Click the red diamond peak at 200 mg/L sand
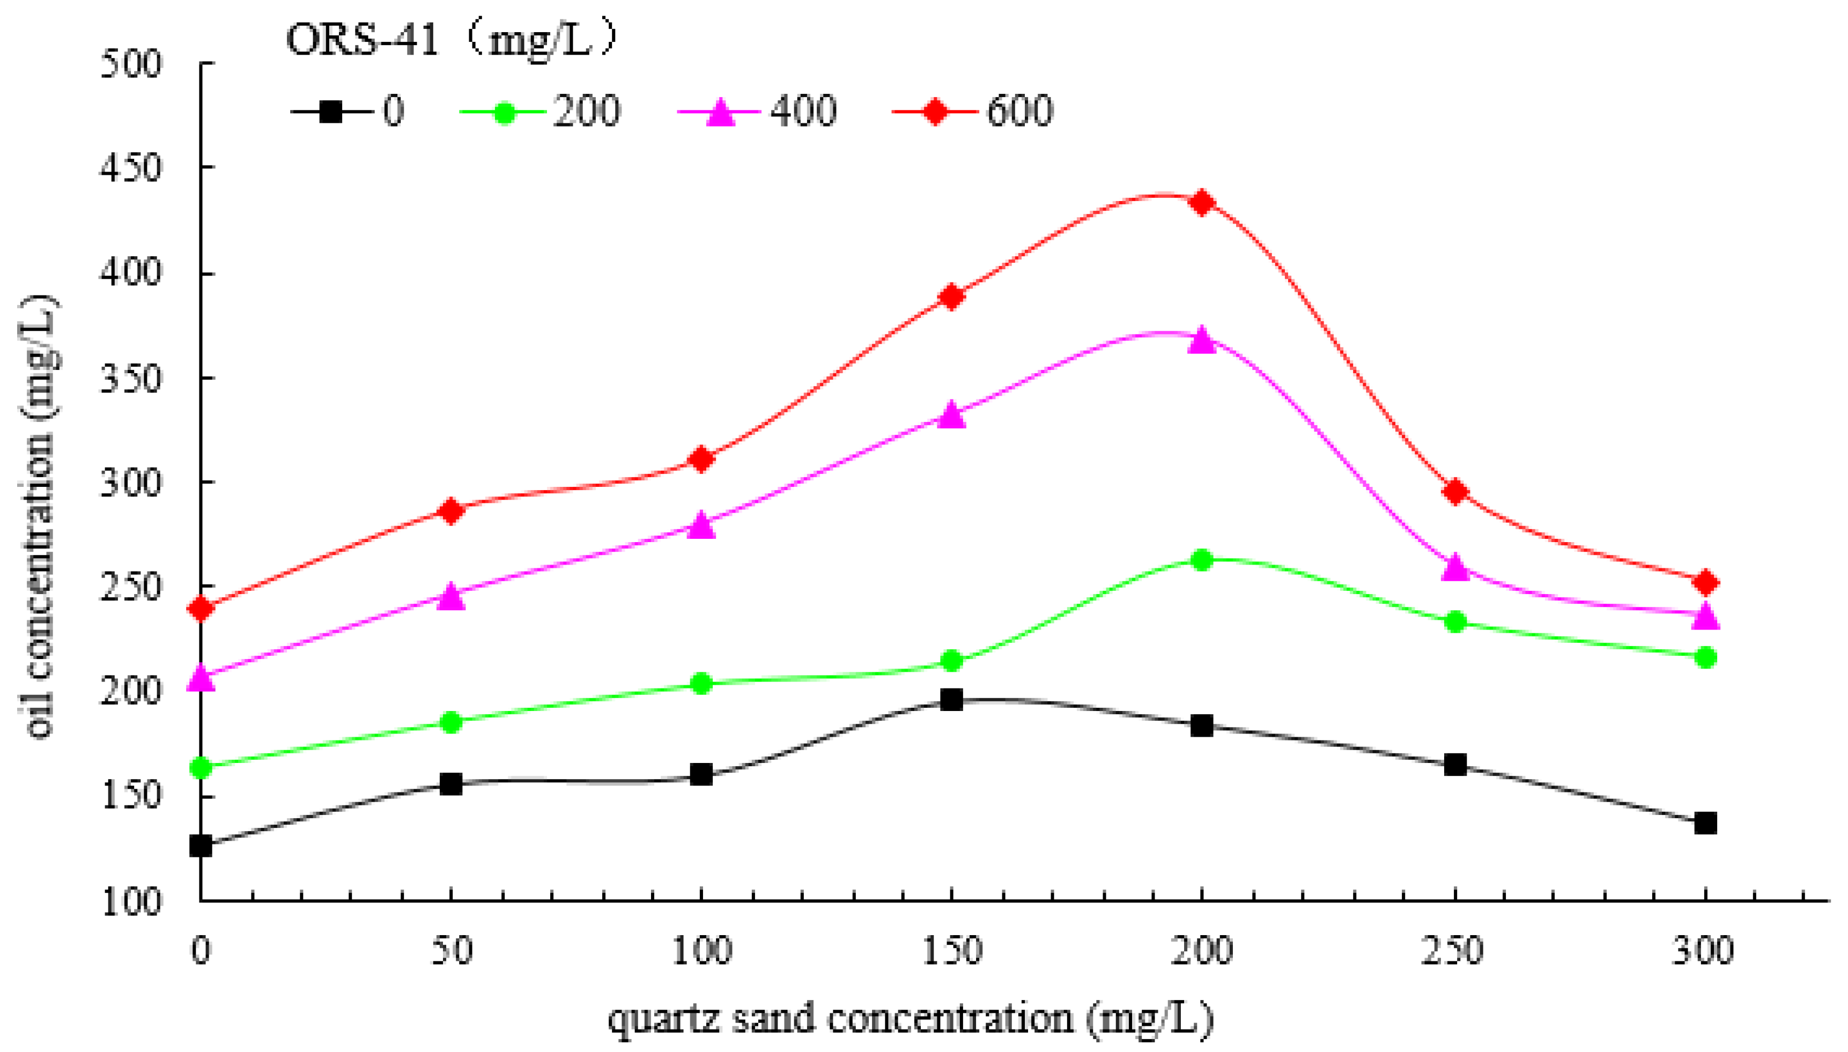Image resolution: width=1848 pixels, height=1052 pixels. pos(1201,203)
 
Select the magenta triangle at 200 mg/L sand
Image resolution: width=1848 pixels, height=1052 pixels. pos(1201,339)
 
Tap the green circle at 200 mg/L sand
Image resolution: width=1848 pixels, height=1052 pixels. pos(1201,559)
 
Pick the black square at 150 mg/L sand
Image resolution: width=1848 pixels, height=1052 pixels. pos(951,699)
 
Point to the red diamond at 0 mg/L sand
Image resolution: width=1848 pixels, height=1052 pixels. pos(201,609)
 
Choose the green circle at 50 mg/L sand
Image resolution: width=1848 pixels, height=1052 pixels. pos(451,722)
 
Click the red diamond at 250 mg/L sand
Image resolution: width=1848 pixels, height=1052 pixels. pos(1455,492)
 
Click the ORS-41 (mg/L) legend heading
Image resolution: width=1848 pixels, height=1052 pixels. pos(452,40)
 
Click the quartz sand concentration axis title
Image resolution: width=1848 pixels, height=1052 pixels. pos(910,1019)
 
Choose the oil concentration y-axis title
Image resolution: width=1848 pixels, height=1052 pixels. pos(40,516)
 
